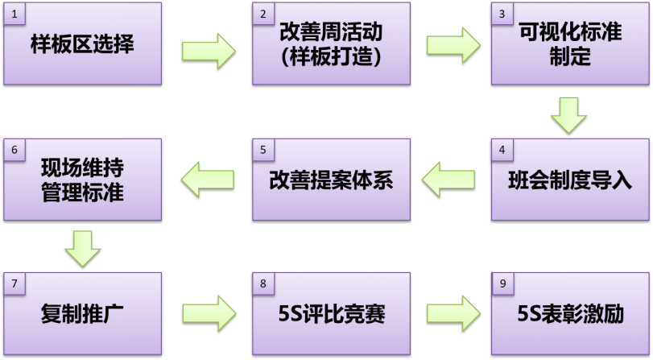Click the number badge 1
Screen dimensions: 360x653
click(x=13, y=14)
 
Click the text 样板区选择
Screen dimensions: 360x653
click(x=82, y=43)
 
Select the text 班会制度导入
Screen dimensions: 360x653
click(x=571, y=180)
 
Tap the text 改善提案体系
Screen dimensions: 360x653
click(x=331, y=180)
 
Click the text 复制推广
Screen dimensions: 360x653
click(x=82, y=313)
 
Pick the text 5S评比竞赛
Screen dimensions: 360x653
click(x=331, y=313)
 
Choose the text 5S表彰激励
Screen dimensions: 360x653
click(x=571, y=313)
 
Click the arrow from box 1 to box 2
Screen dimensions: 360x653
click(x=209, y=51)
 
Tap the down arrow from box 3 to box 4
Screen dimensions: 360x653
click(x=569, y=114)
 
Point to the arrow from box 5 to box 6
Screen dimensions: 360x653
click(x=208, y=178)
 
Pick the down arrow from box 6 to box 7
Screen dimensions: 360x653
click(x=82, y=248)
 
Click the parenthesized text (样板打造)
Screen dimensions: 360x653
click(x=331, y=57)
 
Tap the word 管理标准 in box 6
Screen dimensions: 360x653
click(x=82, y=193)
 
